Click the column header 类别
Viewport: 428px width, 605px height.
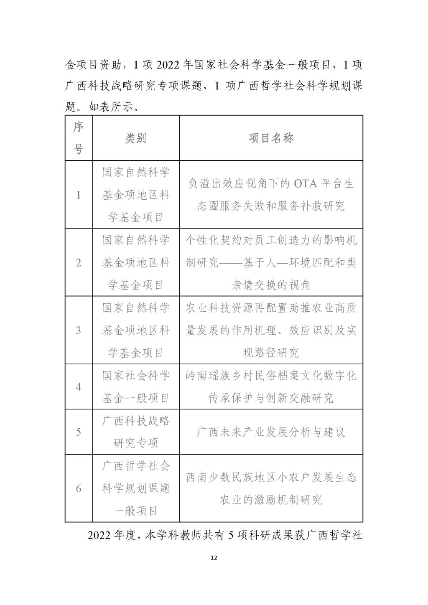(136, 138)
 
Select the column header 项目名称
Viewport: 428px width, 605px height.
(271, 138)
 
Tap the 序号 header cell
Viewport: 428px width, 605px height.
(79, 138)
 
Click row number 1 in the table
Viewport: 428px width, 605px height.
(79, 195)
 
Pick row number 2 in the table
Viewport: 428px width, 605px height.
(79, 263)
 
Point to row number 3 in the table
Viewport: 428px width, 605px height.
(79, 330)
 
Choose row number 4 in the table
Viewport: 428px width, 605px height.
(79, 386)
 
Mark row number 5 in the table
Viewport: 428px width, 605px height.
(79, 432)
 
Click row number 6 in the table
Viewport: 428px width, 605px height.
(79, 488)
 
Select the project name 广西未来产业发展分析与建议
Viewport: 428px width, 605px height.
(271, 432)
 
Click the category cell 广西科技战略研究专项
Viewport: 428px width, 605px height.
(136, 432)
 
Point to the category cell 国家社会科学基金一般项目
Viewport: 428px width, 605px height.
(136, 386)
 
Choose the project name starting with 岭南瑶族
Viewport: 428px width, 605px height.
(271, 386)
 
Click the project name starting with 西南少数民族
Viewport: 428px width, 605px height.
(271, 488)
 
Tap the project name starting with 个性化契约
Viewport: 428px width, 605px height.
(271, 263)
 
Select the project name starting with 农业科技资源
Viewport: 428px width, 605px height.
(271, 330)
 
